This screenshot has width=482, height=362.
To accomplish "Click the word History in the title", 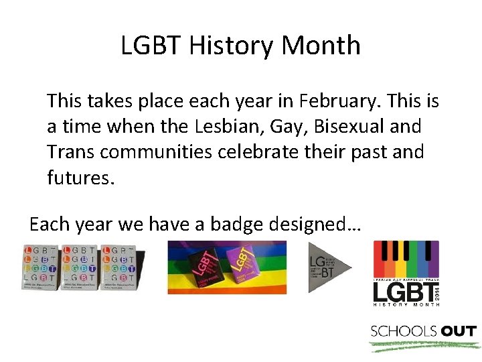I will [x=231, y=46].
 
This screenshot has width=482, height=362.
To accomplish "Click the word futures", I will [x=76, y=177].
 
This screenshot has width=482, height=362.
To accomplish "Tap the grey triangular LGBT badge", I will [x=329, y=267].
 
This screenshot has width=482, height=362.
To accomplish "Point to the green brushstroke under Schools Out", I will [x=423, y=346].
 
